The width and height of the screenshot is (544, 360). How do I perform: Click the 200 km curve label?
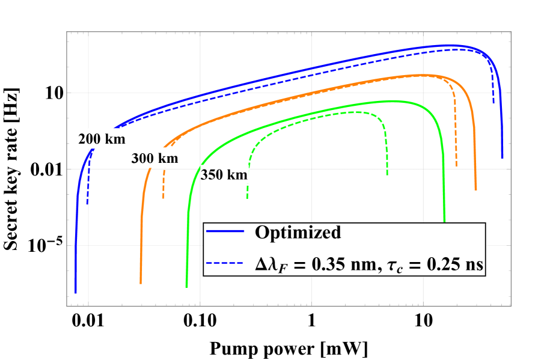tap(102, 139)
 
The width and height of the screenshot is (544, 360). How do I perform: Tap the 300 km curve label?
tap(155, 158)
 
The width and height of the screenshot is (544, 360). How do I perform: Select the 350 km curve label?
tap(224, 175)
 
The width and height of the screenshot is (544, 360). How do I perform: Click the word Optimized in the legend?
tap(298, 232)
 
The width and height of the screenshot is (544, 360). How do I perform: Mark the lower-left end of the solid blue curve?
tap(75, 293)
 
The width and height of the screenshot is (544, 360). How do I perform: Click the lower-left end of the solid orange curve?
tap(141, 282)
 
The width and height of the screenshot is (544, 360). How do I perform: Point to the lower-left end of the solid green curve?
tap(186, 287)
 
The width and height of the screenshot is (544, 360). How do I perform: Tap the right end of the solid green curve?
tap(444, 221)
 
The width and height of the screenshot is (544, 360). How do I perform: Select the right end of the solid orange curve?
tap(475, 189)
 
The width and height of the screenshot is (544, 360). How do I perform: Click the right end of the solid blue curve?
tap(502, 157)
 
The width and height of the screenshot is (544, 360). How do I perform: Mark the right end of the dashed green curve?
tap(387, 174)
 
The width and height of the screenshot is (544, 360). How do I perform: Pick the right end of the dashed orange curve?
tap(456, 166)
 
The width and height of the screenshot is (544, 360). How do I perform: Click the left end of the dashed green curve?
tap(247, 198)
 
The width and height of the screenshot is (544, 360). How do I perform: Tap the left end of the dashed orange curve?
tap(164, 198)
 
